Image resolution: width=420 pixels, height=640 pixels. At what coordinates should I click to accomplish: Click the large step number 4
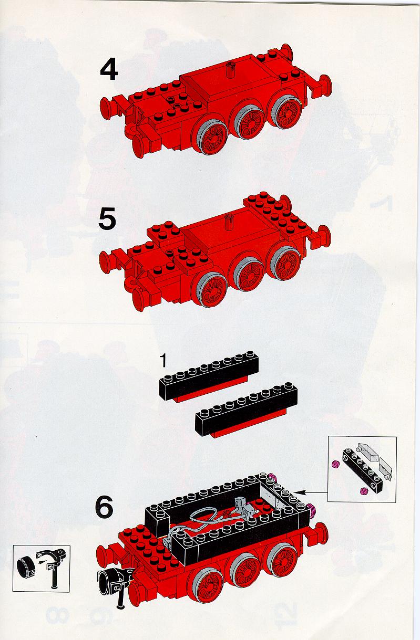109,70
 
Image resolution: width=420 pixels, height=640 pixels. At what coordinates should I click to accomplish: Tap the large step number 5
108,218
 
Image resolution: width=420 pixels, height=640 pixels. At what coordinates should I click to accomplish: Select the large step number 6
104,508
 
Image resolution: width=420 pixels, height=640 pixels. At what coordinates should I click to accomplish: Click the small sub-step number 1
163,361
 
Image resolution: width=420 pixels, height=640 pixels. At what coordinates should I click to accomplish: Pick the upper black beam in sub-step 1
209,376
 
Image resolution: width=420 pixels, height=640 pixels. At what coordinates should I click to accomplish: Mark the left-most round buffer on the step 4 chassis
106,106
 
